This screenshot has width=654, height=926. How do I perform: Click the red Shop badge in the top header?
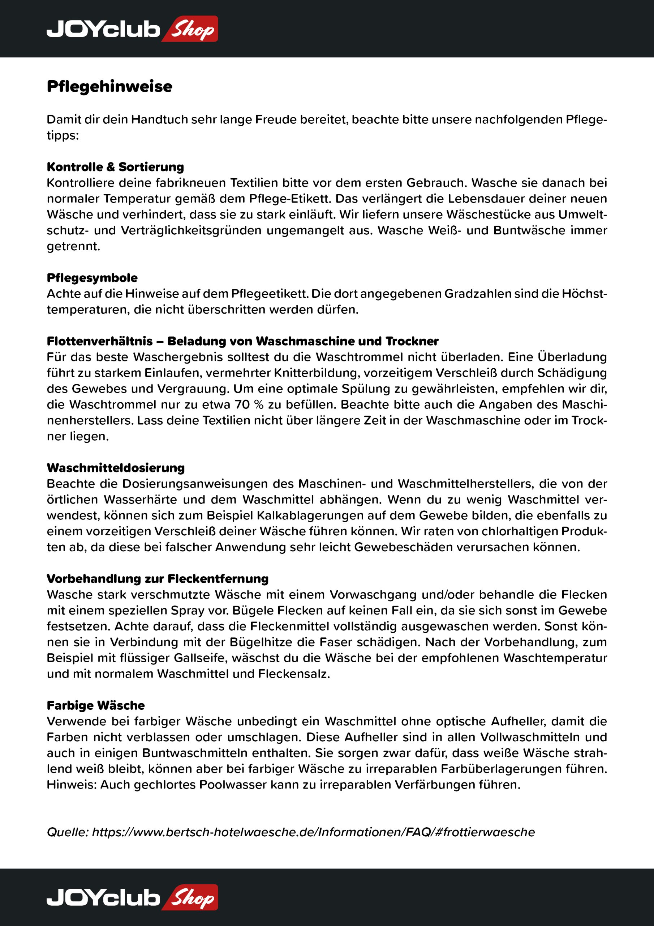(190, 29)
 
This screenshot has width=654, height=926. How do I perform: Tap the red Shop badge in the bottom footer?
(190, 897)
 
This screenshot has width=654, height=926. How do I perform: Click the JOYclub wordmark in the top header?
(103, 29)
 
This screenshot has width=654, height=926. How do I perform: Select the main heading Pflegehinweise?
(109, 86)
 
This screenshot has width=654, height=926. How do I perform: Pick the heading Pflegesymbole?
(92, 277)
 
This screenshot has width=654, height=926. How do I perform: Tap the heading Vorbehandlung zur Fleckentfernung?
(158, 578)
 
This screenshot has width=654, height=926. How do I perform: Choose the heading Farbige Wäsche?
(96, 705)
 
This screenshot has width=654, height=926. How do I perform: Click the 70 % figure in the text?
(249, 404)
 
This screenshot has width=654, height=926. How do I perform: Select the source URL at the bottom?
(314, 832)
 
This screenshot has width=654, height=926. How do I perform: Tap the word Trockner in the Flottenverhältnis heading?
(412, 341)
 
